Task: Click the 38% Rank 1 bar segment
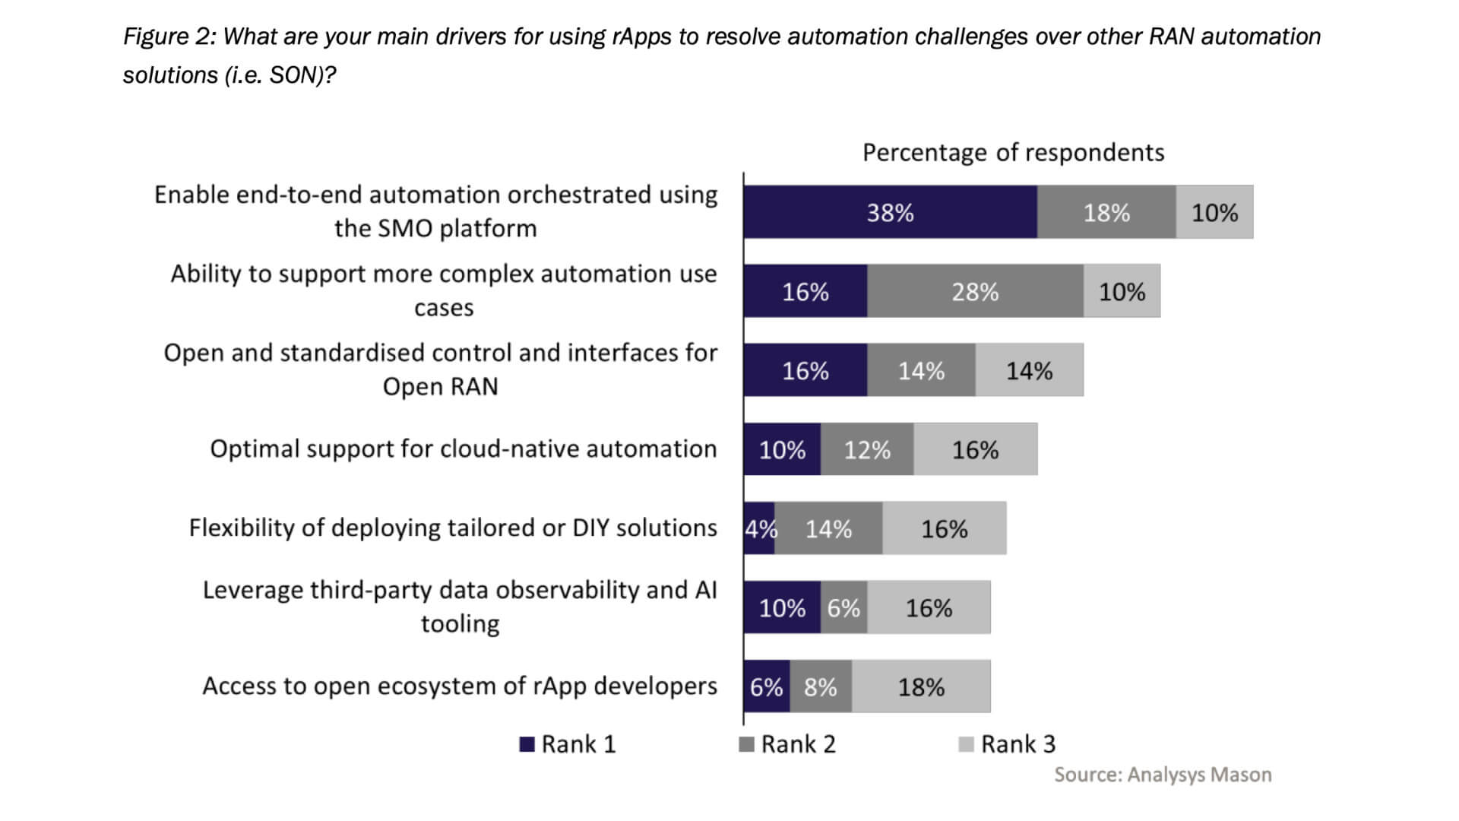pyautogui.click(x=890, y=212)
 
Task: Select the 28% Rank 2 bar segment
pyautogui.click(x=975, y=291)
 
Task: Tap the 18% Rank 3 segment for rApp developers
pyautogui.click(x=921, y=686)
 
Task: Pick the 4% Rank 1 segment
pyautogui.click(x=759, y=528)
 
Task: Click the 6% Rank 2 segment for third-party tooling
pyautogui.click(x=843, y=607)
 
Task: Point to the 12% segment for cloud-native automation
pyautogui.click(x=867, y=449)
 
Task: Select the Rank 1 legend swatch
pyautogui.click(x=527, y=744)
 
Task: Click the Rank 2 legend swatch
pyautogui.click(x=746, y=744)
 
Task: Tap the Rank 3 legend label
pyautogui.click(x=1018, y=744)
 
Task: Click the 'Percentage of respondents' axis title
pyautogui.click(x=1013, y=153)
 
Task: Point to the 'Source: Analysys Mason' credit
pyautogui.click(x=1163, y=775)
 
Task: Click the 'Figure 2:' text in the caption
pyautogui.click(x=170, y=36)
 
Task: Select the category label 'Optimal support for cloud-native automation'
pyautogui.click(x=464, y=449)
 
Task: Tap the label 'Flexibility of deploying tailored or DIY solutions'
pyautogui.click(x=453, y=528)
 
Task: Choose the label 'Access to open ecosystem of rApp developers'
pyautogui.click(x=460, y=686)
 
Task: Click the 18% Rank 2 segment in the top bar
pyautogui.click(x=1106, y=212)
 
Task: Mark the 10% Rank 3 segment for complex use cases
pyautogui.click(x=1122, y=291)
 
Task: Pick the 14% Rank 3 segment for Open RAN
pyautogui.click(x=1029, y=370)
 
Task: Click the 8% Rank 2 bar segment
pyautogui.click(x=821, y=686)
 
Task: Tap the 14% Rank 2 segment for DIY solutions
pyautogui.click(x=828, y=528)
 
